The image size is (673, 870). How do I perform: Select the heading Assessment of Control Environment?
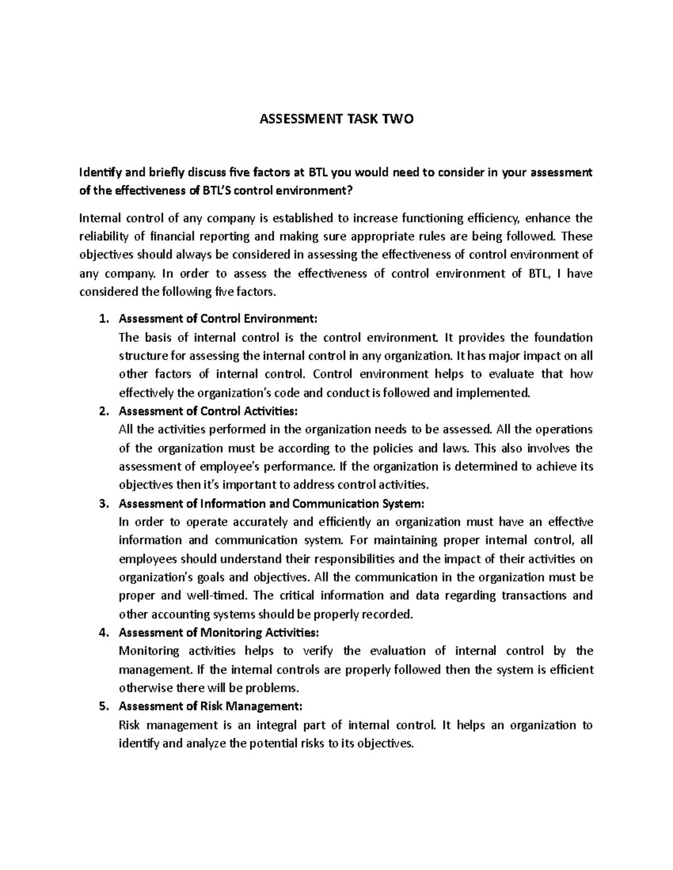pos(218,319)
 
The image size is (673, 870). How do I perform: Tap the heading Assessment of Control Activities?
pos(209,411)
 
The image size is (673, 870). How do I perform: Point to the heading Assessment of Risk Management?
pos(210,706)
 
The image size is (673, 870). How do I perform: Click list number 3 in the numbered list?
pos(102,503)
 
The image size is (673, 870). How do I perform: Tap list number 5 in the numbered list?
pos(102,706)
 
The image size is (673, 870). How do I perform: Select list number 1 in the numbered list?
pos(102,319)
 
